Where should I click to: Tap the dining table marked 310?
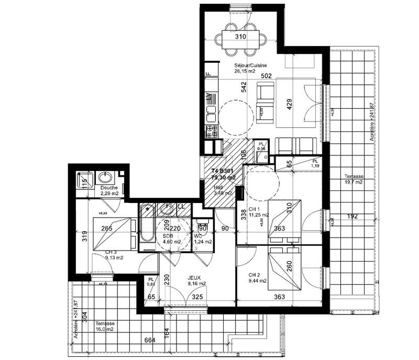[x=240, y=38]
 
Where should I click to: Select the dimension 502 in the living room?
[x=267, y=76]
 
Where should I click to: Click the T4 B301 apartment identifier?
[x=223, y=171]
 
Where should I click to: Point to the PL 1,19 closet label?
[x=315, y=163]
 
